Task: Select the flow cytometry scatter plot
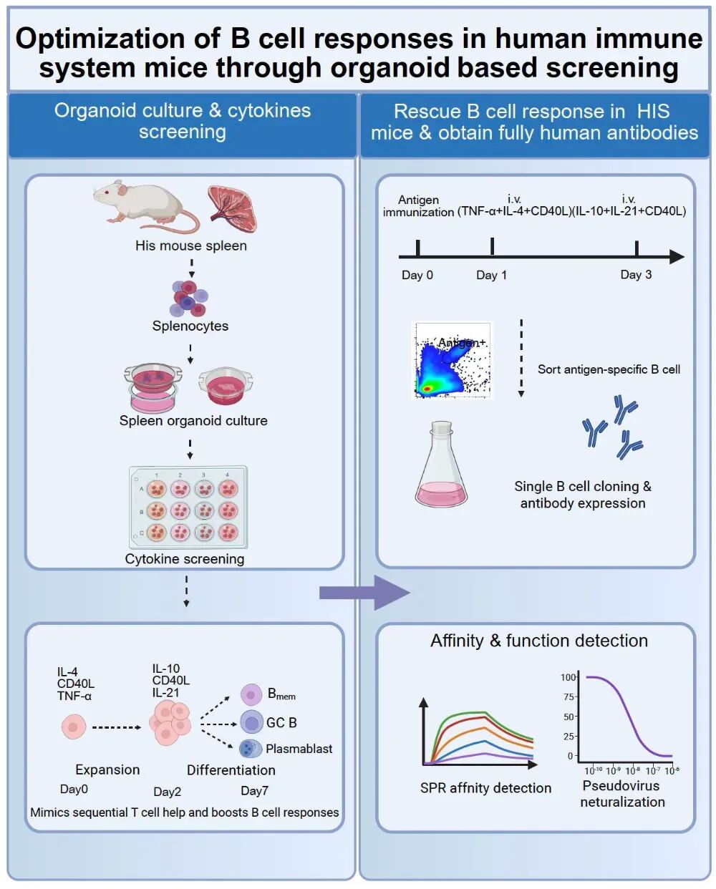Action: (x=452, y=360)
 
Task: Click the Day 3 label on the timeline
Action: (x=636, y=275)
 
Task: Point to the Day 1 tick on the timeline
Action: (x=492, y=246)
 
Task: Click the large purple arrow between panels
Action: (x=364, y=593)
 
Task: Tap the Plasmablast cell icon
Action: (x=251, y=749)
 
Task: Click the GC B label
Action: (x=281, y=722)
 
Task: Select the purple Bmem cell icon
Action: (x=251, y=694)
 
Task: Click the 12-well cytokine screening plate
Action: (x=188, y=507)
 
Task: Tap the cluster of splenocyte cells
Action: (x=188, y=298)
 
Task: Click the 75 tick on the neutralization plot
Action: (x=575, y=697)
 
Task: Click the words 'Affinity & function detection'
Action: (x=539, y=641)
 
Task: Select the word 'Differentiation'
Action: (x=231, y=770)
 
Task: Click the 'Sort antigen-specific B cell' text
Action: (x=609, y=369)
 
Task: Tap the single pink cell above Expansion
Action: (x=74, y=727)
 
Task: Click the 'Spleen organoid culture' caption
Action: (x=193, y=421)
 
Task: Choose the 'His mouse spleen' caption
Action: (x=191, y=246)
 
